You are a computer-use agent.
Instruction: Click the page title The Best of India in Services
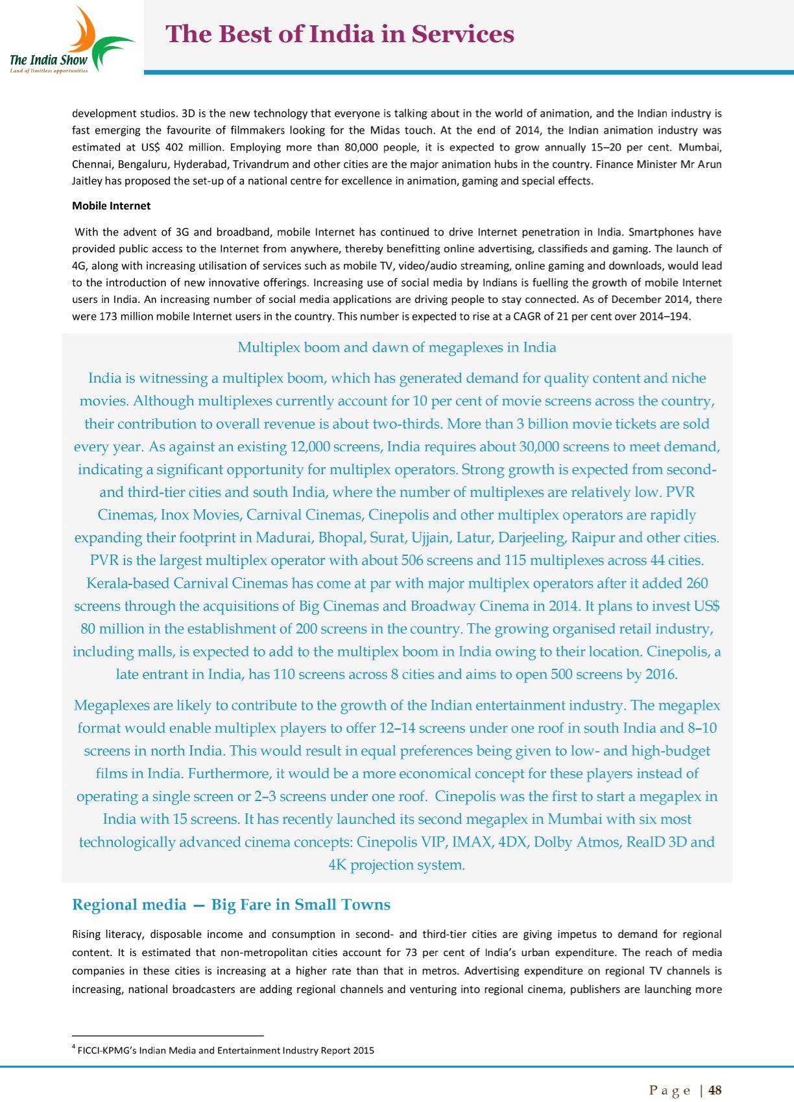click(x=340, y=34)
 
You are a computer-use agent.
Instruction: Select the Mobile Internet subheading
click(x=111, y=206)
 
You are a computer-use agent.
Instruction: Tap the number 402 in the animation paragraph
click(x=174, y=147)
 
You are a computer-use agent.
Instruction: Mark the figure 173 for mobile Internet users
click(x=107, y=317)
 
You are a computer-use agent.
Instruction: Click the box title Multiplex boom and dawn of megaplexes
click(x=396, y=347)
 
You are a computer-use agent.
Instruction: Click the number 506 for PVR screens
click(x=412, y=560)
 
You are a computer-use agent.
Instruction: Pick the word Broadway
click(x=440, y=606)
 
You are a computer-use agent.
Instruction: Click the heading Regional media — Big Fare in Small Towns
click(x=231, y=905)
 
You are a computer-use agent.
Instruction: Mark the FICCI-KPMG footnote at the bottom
click(x=224, y=1050)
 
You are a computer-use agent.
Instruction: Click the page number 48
click(x=715, y=1090)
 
